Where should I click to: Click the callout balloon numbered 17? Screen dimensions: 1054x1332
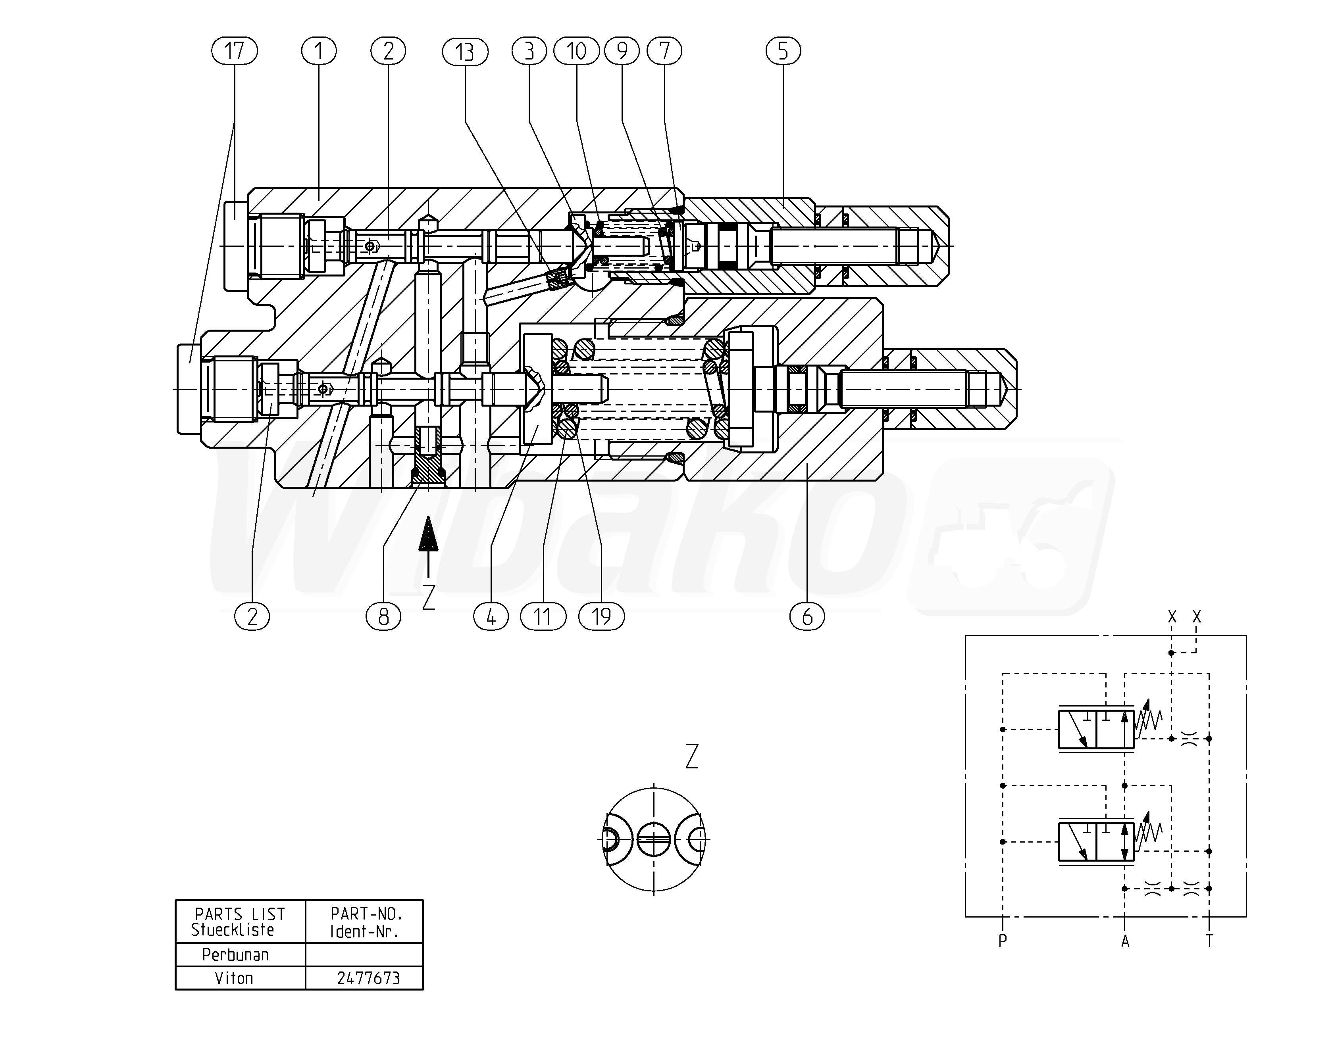(234, 51)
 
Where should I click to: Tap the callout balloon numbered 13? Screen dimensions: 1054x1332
(465, 51)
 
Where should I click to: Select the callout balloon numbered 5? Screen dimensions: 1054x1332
(783, 51)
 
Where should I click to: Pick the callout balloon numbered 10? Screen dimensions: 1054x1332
(576, 51)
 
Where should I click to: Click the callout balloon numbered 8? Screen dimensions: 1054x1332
(383, 616)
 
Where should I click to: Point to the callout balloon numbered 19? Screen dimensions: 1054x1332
(601, 616)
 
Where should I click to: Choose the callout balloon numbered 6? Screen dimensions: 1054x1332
(807, 616)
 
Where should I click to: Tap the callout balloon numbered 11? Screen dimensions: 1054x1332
(543, 616)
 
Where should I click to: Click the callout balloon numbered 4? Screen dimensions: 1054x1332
(491, 616)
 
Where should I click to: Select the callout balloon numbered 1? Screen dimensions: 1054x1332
(319, 51)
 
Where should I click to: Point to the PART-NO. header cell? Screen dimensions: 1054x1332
(366, 922)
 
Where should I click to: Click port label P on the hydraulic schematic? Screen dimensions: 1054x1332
(1002, 941)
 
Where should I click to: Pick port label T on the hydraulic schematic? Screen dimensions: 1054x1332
(1209, 941)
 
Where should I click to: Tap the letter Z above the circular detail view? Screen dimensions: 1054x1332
(692, 756)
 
